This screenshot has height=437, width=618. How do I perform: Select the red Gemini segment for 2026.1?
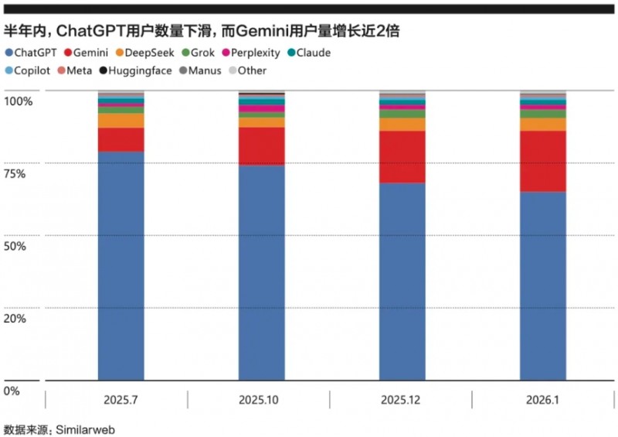tap(542, 161)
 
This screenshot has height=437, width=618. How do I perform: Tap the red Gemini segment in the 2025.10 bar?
tap(261, 146)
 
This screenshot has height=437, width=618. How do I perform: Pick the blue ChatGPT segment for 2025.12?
tap(402, 282)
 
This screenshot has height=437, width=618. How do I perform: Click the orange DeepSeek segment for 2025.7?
tap(121, 121)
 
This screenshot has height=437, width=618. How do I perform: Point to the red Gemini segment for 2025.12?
tap(402, 157)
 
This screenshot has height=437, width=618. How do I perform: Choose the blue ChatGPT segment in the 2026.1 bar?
tap(542, 286)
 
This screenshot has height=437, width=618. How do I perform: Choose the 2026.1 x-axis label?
tap(542, 401)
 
